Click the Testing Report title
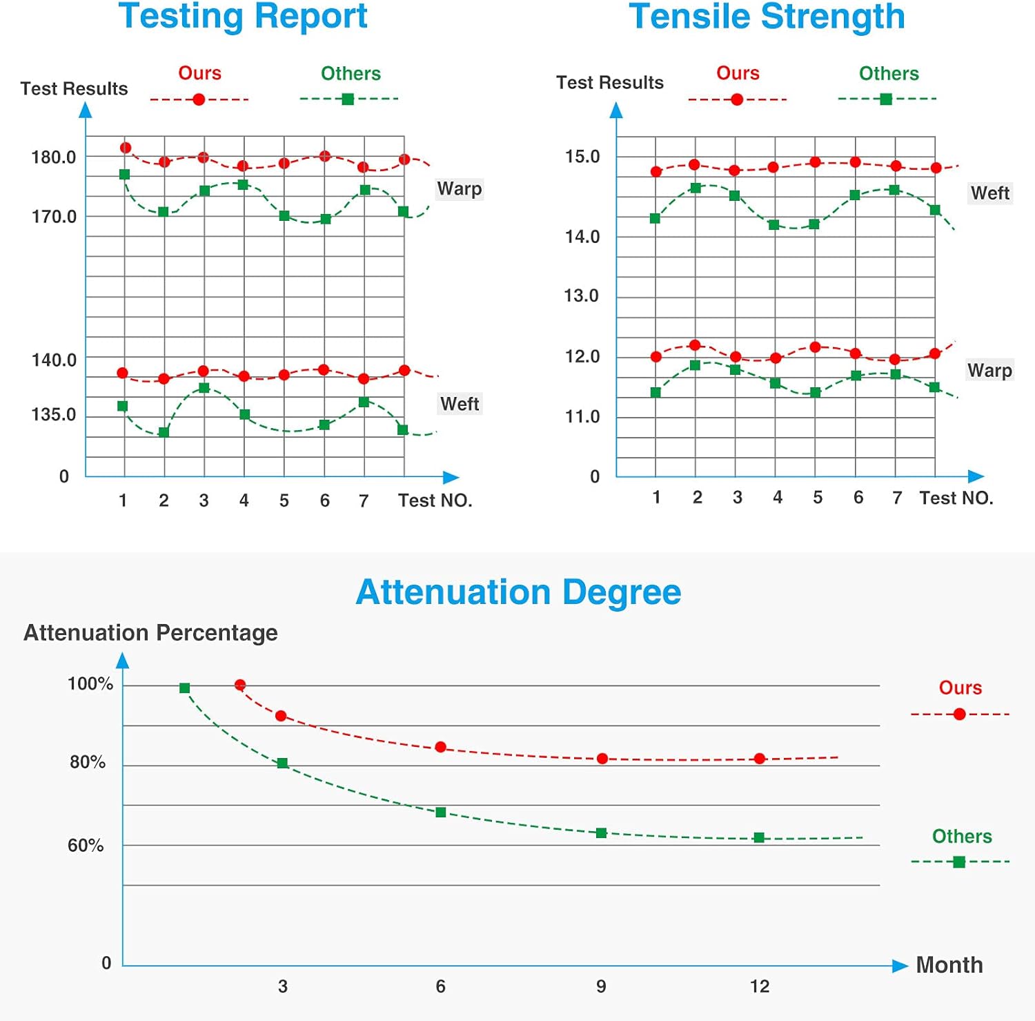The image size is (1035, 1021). pyautogui.click(x=243, y=17)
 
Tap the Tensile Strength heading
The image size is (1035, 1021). pyautogui.click(x=767, y=17)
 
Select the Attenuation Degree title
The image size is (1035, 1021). pyautogui.click(x=518, y=592)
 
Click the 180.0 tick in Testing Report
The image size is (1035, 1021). pyautogui.click(x=54, y=157)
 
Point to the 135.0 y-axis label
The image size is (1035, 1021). pyautogui.click(x=54, y=415)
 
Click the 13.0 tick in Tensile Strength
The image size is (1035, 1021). pyautogui.click(x=581, y=296)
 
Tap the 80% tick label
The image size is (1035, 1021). pyautogui.click(x=88, y=762)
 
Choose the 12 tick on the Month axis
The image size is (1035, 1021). pyautogui.click(x=760, y=986)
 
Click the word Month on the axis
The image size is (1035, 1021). pyautogui.click(x=949, y=965)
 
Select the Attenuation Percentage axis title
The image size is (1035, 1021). pyautogui.click(x=150, y=633)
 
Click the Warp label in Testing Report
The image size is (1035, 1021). pyautogui.click(x=460, y=189)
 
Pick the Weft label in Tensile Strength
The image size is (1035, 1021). pyautogui.click(x=990, y=193)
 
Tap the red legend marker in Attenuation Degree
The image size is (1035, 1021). pyautogui.click(x=959, y=714)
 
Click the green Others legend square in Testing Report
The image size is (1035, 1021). pyautogui.click(x=348, y=99)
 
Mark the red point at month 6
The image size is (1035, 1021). pyautogui.click(x=441, y=748)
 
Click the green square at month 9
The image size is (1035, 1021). pyautogui.click(x=601, y=833)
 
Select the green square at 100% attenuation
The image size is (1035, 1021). pyautogui.click(x=184, y=688)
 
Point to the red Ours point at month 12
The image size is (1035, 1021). pyautogui.click(x=760, y=759)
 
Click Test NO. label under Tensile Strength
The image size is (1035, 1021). pyautogui.click(x=956, y=498)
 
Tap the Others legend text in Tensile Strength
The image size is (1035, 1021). pyautogui.click(x=889, y=74)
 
